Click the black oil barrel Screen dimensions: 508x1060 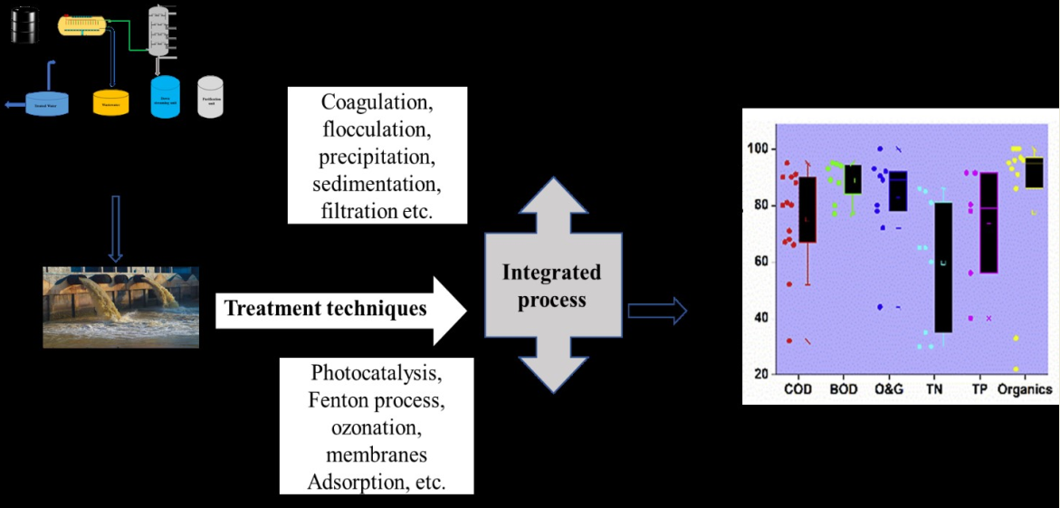(x=25, y=24)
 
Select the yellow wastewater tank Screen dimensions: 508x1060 (x=110, y=101)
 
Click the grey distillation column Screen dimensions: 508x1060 (x=160, y=32)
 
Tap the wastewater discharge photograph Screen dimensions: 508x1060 (x=120, y=307)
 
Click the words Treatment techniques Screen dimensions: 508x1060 (x=325, y=309)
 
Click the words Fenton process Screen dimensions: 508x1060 (x=377, y=398)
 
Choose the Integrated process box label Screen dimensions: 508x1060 (x=551, y=286)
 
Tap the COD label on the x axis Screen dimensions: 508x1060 (x=797, y=389)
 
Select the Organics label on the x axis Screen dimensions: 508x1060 (x=1025, y=389)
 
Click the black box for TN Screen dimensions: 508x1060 (x=943, y=267)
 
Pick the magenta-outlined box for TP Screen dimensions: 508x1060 (x=988, y=222)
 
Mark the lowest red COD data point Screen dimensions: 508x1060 (x=789, y=340)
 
